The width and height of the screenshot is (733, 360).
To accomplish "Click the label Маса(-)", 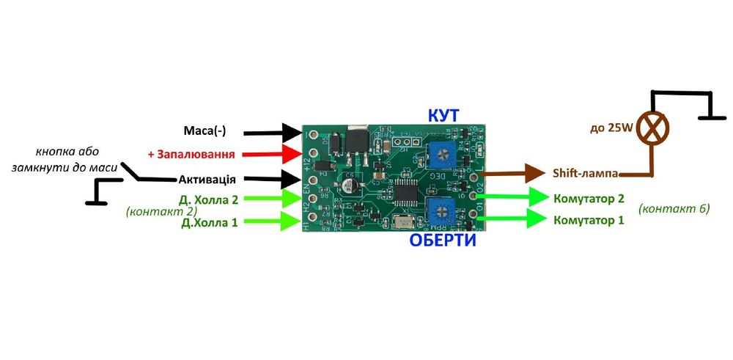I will point(205,131).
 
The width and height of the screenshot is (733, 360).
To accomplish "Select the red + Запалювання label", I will point(191,155).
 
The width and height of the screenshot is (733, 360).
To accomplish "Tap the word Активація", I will point(207,179).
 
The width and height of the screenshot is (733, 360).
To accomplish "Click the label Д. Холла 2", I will point(208,199).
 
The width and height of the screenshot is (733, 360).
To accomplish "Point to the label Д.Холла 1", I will point(210,222).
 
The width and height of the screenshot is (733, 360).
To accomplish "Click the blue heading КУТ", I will point(443,116).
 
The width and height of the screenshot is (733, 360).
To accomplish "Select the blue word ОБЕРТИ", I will point(442,240).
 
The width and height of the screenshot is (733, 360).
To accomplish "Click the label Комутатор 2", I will point(589,198).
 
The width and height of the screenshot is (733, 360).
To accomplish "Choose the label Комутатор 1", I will point(589,219).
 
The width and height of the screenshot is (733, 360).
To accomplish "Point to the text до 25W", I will point(611,128).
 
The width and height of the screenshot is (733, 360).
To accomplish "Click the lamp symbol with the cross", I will point(652,128).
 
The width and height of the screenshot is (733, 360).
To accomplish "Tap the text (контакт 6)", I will point(674,208).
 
